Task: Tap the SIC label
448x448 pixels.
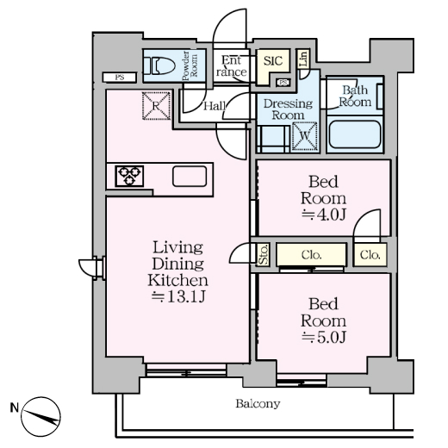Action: click(273, 60)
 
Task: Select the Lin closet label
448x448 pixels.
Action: click(304, 59)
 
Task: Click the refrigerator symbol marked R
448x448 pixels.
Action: click(157, 106)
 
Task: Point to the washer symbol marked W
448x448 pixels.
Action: click(305, 136)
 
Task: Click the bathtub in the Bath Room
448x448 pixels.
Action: click(355, 134)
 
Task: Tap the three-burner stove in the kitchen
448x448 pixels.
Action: click(129, 176)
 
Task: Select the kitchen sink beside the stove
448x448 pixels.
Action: click(190, 177)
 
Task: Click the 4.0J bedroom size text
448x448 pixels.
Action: click(323, 215)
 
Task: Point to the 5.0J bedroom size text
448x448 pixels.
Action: click(323, 337)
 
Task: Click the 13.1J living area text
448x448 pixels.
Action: click(178, 297)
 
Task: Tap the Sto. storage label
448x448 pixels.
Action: click(263, 255)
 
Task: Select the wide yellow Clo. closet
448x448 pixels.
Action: click(312, 254)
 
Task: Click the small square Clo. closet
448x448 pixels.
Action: click(370, 254)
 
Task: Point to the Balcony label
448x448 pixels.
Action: click(258, 404)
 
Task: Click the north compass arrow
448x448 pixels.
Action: click(40, 417)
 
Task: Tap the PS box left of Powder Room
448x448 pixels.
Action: click(120, 78)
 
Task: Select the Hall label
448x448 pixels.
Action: click(215, 106)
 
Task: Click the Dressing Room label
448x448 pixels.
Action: click(288, 109)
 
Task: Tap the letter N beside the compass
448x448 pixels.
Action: click(15, 408)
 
